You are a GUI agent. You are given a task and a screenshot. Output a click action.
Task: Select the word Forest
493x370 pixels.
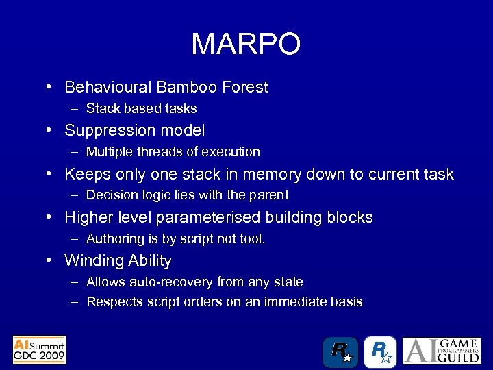[x=244, y=88]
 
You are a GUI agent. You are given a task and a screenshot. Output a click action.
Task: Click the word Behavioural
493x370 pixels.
[x=108, y=88]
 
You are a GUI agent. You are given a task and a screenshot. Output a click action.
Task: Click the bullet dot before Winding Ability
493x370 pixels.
[x=51, y=260]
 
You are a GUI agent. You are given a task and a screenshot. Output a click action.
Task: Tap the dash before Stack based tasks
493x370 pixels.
[x=72, y=109]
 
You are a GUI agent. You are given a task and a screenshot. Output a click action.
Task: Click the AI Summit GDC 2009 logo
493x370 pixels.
[x=39, y=349]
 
